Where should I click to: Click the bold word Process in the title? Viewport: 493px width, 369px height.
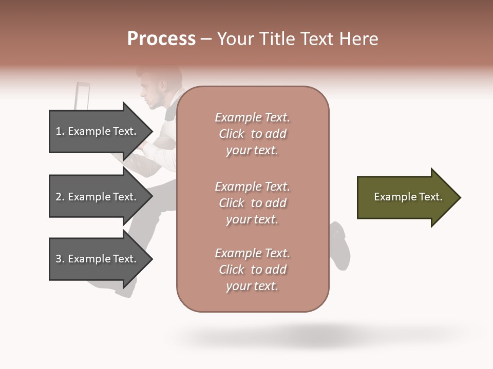click(x=161, y=39)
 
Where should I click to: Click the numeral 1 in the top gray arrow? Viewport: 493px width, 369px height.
click(x=59, y=131)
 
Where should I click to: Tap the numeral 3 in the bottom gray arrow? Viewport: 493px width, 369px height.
click(x=59, y=259)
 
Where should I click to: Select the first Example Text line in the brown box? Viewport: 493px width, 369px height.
click(x=252, y=117)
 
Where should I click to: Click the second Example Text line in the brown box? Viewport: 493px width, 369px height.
click(x=252, y=187)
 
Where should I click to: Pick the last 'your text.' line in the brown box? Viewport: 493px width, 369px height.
click(x=252, y=286)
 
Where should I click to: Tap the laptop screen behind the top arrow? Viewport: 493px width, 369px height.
click(x=82, y=96)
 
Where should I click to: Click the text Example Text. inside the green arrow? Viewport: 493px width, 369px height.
click(x=408, y=197)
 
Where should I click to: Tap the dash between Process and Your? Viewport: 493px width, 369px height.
click(x=206, y=39)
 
